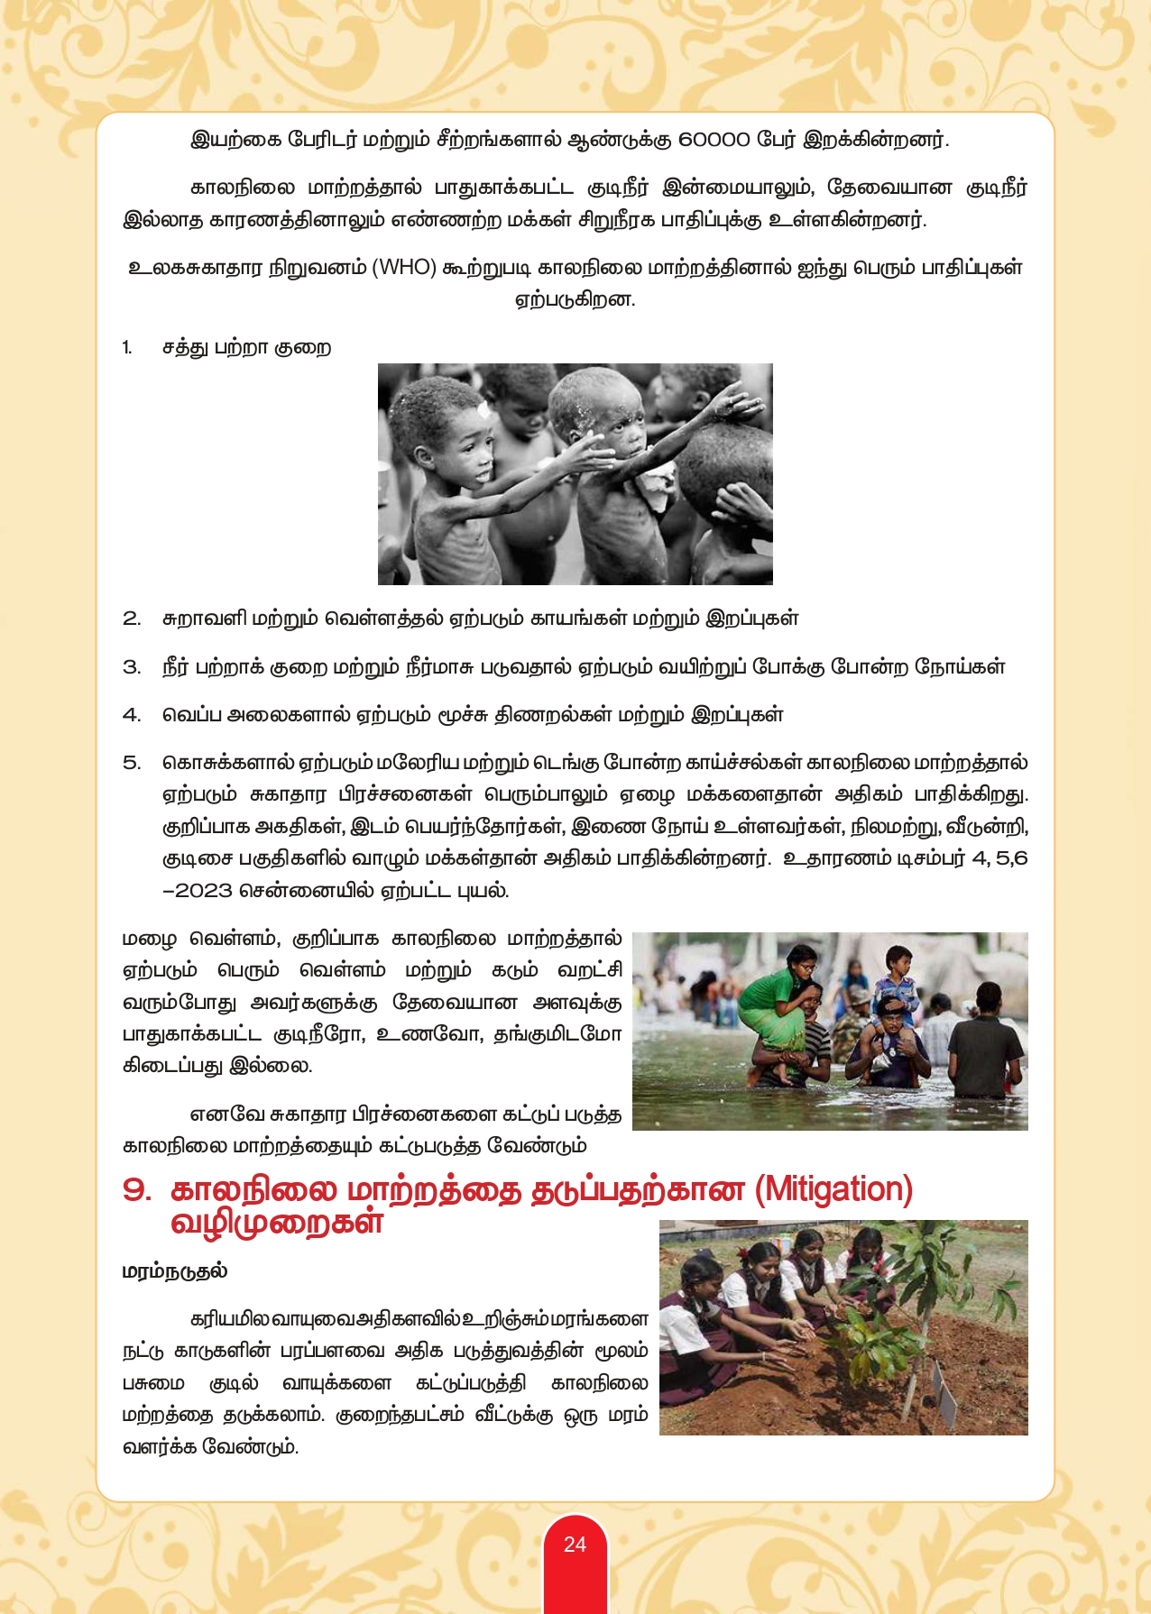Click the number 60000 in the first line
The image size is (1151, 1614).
point(714,140)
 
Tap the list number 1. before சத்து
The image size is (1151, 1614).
point(127,348)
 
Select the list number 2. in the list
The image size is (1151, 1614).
point(132,619)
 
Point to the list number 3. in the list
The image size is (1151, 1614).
point(132,667)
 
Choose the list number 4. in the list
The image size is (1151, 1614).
point(132,715)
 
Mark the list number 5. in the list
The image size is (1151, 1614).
point(132,763)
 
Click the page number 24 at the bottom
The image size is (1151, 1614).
point(575,1545)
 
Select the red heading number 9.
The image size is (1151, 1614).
point(137,1190)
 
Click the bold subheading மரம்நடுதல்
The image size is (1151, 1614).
point(175,1271)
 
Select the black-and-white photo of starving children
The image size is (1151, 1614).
point(575,474)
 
